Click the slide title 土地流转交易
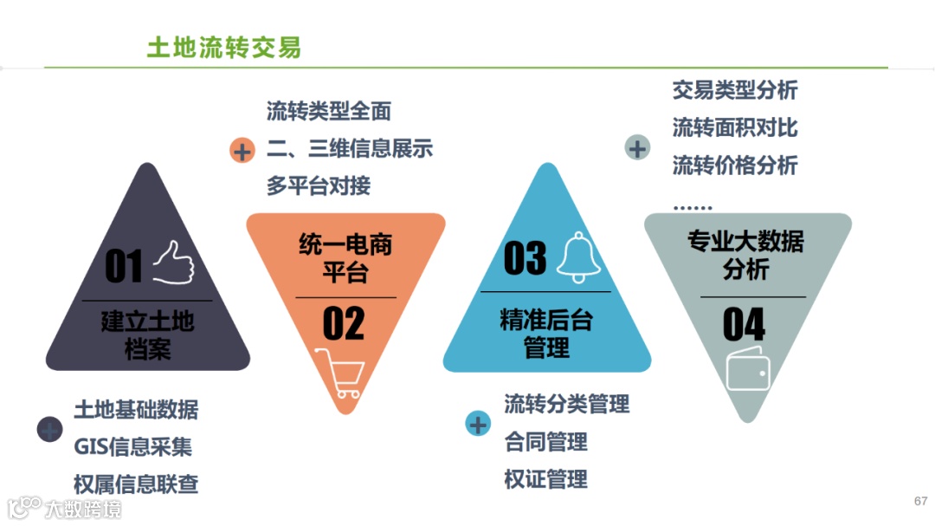[223, 47]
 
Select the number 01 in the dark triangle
[123, 266]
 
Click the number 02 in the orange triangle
[344, 324]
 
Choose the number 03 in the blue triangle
[525, 258]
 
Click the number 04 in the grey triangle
[744, 325]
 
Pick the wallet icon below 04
[749, 372]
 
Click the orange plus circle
[242, 151]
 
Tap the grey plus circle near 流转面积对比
[637, 148]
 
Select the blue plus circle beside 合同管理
[478, 425]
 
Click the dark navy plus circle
[50, 429]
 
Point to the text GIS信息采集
[132, 446]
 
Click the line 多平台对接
[318, 185]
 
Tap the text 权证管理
[545, 479]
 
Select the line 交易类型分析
[734, 90]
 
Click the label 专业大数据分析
[745, 255]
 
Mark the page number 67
[920, 502]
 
